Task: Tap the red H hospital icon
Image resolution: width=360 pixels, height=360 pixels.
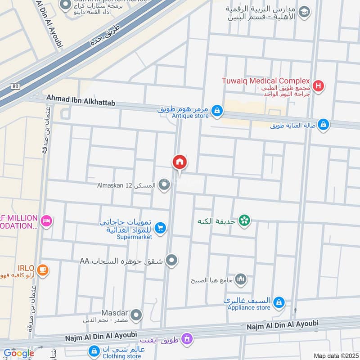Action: [319, 86]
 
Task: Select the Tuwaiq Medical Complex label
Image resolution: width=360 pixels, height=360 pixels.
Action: [266, 81]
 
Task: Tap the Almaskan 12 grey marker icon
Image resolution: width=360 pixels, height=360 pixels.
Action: [164, 184]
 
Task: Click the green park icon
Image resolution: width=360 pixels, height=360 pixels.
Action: [245, 220]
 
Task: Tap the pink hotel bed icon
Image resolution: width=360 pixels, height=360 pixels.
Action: [46, 220]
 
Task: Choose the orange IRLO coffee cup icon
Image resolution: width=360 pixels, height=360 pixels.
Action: [43, 270]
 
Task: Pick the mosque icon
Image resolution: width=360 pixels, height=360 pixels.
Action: [241, 280]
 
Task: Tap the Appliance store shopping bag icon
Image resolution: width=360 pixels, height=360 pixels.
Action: [279, 302]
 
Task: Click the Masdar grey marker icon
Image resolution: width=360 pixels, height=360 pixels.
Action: [136, 315]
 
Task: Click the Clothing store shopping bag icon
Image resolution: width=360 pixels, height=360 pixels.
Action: [94, 350]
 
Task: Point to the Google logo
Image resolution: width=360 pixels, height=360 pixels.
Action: [18, 353]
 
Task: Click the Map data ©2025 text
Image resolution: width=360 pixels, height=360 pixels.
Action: [335, 355]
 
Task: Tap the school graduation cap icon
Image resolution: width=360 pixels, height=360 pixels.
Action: [305, 12]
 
